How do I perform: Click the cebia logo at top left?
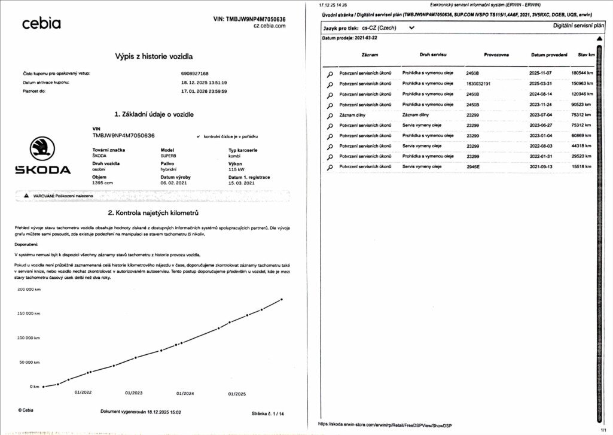pos(41,23)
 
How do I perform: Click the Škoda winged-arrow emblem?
pos(42,148)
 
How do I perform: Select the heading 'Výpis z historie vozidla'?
pos(154,56)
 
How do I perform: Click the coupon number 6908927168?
pos(194,73)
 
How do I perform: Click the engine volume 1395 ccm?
pos(103,183)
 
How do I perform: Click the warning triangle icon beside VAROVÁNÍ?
pos(26,196)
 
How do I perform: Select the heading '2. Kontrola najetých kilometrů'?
pos(153,213)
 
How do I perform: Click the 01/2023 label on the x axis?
pos(134,393)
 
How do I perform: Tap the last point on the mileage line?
pos(282,299)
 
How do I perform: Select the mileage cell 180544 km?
pos(581,73)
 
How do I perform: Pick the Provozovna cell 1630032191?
pos(478,83)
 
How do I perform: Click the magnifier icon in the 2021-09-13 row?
pos(330,168)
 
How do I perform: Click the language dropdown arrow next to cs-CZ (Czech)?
pos(411,28)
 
